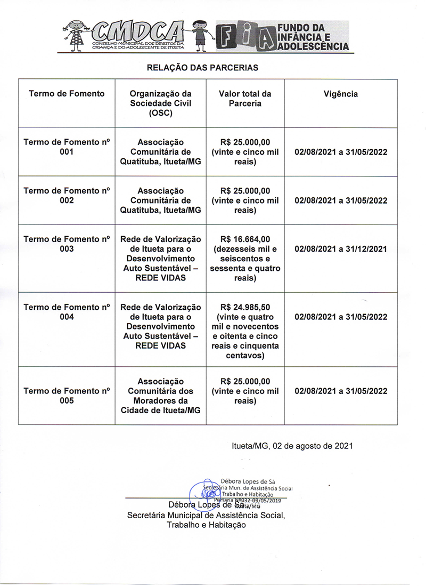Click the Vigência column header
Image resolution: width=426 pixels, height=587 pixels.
coord(340,94)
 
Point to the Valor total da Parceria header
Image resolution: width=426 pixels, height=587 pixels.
coord(245,99)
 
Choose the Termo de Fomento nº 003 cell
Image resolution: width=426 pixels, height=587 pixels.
coord(67,244)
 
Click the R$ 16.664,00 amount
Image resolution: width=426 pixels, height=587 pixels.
coord(245,239)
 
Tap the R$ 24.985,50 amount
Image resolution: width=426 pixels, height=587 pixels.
coord(245,307)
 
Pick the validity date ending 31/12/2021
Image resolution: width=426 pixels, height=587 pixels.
coord(340,249)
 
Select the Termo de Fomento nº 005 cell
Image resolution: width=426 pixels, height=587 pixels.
coord(67,396)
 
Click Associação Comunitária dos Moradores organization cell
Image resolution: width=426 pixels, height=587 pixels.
coord(161,396)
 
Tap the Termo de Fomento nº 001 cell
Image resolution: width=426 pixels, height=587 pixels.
coord(67,147)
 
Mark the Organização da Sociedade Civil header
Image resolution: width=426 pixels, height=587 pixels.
coord(161,103)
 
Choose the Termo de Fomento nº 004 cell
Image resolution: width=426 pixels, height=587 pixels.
coord(67,312)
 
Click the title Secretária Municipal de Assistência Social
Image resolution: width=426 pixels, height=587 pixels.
coord(207,515)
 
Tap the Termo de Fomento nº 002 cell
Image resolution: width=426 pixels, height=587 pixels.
coord(67,196)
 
